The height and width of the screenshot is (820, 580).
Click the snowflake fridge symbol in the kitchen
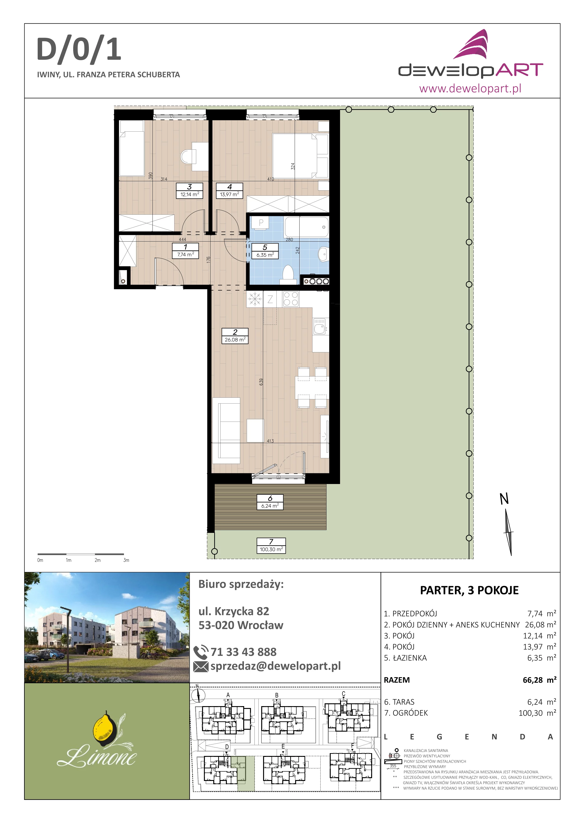[x=255, y=299]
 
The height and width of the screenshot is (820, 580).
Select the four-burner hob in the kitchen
[x=291, y=299]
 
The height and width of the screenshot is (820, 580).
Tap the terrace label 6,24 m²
[x=270, y=506]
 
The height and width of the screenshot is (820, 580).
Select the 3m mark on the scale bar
[x=126, y=560]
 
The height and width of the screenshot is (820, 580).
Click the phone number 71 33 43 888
[x=243, y=652]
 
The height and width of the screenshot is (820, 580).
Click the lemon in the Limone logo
[x=104, y=726]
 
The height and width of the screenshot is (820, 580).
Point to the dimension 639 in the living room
[x=261, y=381]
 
